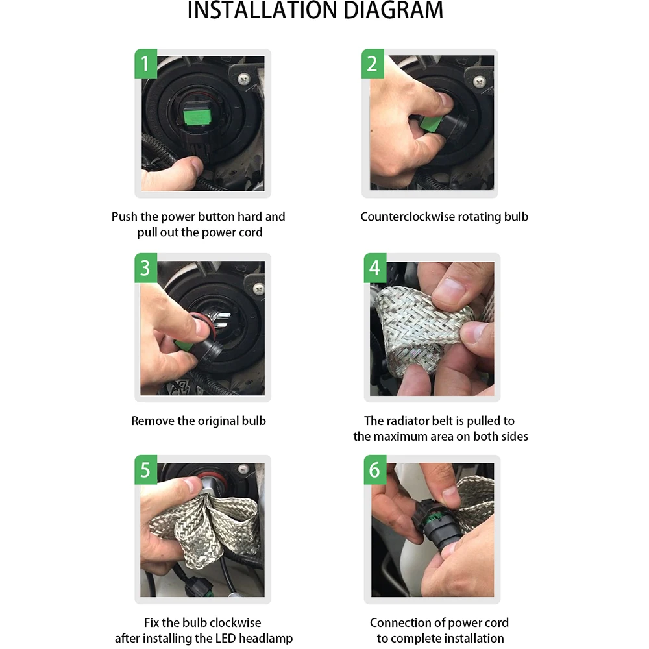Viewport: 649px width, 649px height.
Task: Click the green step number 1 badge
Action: pyautogui.click(x=145, y=64)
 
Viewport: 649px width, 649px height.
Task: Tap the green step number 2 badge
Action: pyautogui.click(x=373, y=64)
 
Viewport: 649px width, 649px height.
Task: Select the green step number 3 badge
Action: pyautogui.click(x=145, y=268)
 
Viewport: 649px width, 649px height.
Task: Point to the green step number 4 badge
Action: pyautogui.click(x=375, y=268)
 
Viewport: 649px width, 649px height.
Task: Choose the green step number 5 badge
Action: pyautogui.click(x=145, y=470)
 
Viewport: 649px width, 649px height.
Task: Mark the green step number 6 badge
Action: pyautogui.click(x=375, y=470)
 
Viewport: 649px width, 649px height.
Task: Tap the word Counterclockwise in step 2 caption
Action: pyautogui.click(x=406, y=217)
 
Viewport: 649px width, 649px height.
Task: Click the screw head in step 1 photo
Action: pyautogui.click(x=244, y=77)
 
